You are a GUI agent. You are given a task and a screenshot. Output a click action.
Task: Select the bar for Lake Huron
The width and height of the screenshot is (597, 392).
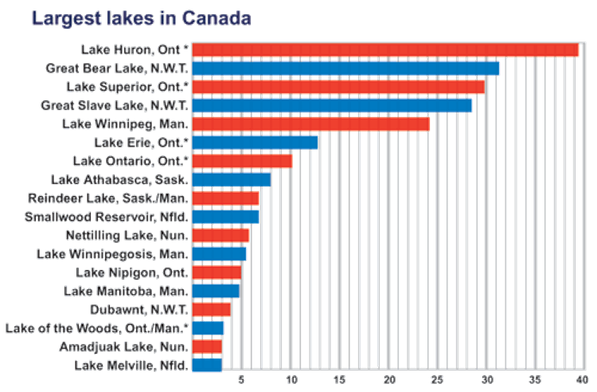(x=385, y=49)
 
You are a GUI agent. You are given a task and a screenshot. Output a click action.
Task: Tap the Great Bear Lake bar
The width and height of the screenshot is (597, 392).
(x=346, y=68)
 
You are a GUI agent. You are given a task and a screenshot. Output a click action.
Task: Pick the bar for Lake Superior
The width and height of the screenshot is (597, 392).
(x=339, y=86)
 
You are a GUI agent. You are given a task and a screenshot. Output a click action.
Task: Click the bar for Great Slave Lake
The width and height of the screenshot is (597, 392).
(x=333, y=105)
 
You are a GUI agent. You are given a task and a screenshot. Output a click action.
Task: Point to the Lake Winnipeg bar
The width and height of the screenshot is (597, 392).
(x=311, y=123)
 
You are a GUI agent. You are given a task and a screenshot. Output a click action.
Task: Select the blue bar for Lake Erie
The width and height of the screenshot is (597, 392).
(x=256, y=142)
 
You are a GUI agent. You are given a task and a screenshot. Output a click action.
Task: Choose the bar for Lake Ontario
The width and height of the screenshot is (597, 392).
(x=243, y=161)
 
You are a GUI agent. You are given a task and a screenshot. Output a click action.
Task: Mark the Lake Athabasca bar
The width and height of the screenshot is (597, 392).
(x=232, y=179)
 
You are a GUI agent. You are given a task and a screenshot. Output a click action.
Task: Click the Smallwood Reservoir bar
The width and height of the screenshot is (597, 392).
(x=226, y=217)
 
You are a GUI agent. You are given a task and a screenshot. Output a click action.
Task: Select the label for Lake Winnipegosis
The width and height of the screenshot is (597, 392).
(x=112, y=253)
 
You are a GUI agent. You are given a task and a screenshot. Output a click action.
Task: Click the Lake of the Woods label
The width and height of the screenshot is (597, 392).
(x=97, y=328)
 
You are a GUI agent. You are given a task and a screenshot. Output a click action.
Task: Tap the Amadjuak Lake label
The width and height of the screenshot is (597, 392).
(x=123, y=347)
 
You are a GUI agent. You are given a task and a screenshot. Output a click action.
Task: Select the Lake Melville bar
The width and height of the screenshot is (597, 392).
(x=208, y=365)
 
